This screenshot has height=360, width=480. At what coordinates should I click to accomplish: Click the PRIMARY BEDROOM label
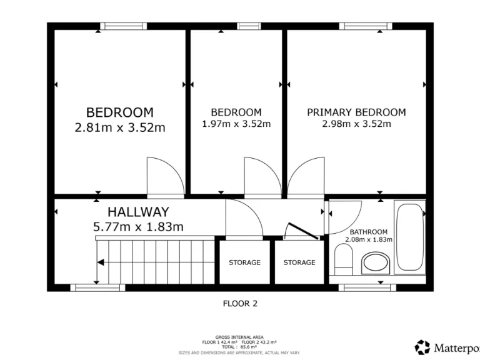pos(356,112)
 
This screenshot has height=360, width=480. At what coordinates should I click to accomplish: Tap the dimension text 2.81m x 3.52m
pos(119,128)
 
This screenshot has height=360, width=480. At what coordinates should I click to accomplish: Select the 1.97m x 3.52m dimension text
pos(236,124)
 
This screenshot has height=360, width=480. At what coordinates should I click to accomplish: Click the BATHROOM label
pos(368,231)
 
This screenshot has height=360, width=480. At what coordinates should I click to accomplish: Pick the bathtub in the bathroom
pos(410,238)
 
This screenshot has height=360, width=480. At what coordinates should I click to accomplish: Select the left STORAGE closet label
pos(244,262)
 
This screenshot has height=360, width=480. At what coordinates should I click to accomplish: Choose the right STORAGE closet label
pos(299,262)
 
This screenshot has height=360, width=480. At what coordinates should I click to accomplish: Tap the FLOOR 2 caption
pos(240,304)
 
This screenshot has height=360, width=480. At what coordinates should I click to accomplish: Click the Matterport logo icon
pos(423,347)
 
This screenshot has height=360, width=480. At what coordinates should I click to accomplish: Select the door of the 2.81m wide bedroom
pos(164,178)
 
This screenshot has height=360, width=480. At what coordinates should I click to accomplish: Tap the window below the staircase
pos(97,287)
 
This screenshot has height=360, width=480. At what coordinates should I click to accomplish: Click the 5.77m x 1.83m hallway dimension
pos(139,227)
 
